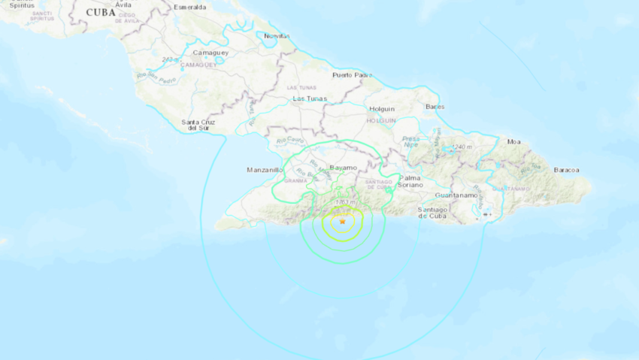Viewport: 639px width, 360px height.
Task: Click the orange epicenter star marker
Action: (x=342, y=222)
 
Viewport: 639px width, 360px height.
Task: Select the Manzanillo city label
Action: (x=265, y=170)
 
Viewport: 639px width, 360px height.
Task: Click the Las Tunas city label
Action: (x=308, y=98)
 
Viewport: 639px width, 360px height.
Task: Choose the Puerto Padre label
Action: (x=353, y=75)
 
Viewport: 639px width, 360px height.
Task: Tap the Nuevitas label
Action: (x=278, y=35)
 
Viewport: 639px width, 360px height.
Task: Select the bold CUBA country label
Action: (x=101, y=13)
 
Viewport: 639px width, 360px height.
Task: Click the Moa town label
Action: (x=514, y=141)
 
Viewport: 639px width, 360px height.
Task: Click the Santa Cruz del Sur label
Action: (x=198, y=125)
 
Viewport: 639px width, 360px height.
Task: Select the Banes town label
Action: (x=435, y=107)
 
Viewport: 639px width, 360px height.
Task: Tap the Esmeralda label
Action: (x=189, y=7)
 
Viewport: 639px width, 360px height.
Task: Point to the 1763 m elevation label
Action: (x=346, y=201)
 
